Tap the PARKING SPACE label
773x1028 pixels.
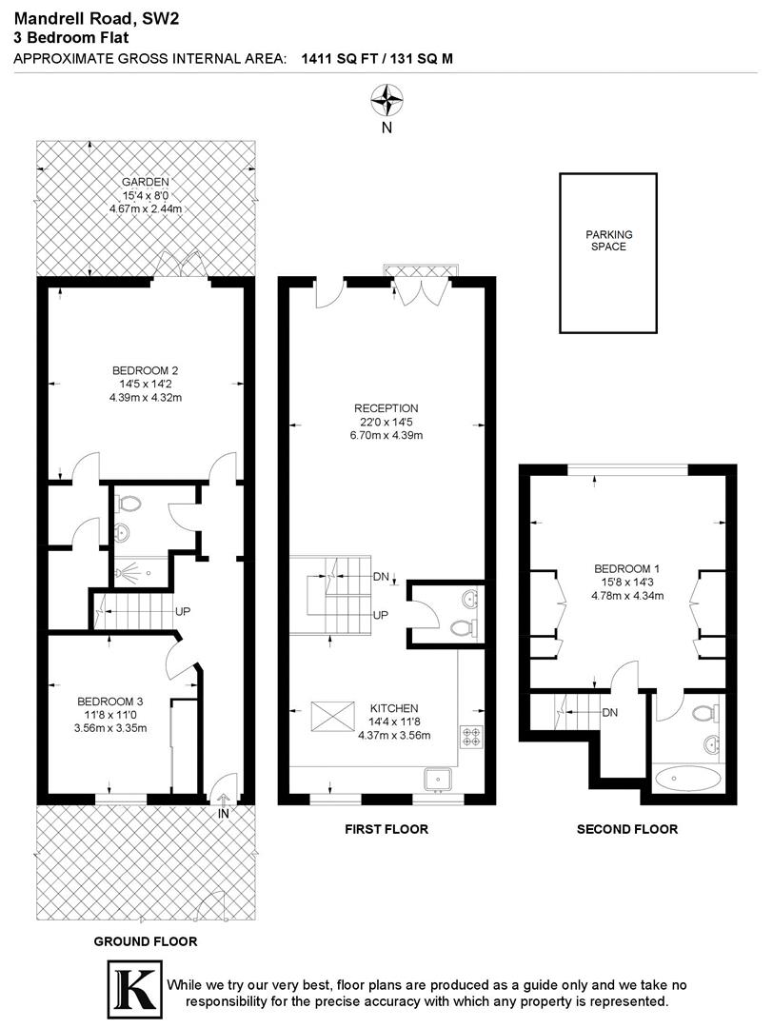click(x=608, y=240)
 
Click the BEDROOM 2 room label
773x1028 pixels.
click(x=146, y=370)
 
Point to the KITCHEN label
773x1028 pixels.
click(x=394, y=708)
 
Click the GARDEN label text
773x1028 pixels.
click(x=145, y=182)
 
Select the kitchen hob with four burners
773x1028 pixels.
click(x=471, y=735)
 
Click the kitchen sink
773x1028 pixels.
click(x=439, y=779)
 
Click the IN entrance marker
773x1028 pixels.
click(x=224, y=815)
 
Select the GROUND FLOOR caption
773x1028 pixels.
click(x=145, y=941)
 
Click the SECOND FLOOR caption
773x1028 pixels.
click(x=627, y=829)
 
